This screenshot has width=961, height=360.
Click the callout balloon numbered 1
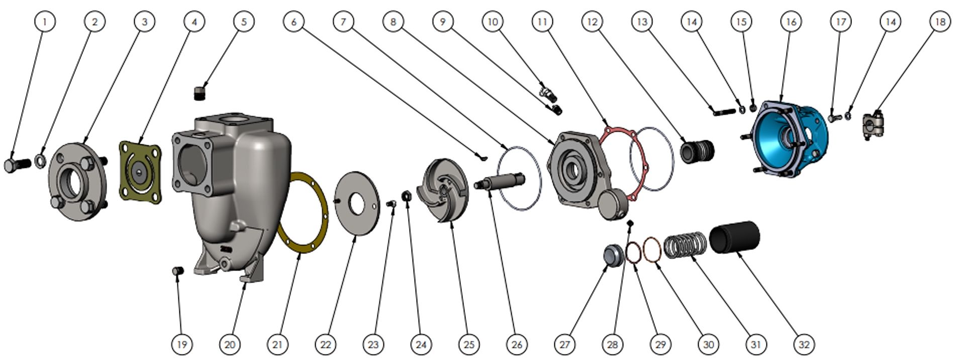(x=45, y=22)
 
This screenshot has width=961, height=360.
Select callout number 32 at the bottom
(x=804, y=344)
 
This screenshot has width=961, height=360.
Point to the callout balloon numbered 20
(x=230, y=344)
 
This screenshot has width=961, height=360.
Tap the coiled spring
(x=685, y=244)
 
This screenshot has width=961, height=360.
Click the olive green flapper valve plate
(x=140, y=171)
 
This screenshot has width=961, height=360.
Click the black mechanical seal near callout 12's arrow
(x=697, y=150)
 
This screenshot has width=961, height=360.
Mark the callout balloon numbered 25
(x=468, y=344)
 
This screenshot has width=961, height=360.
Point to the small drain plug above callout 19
(x=178, y=271)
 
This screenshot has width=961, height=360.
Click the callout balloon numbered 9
(x=443, y=22)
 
